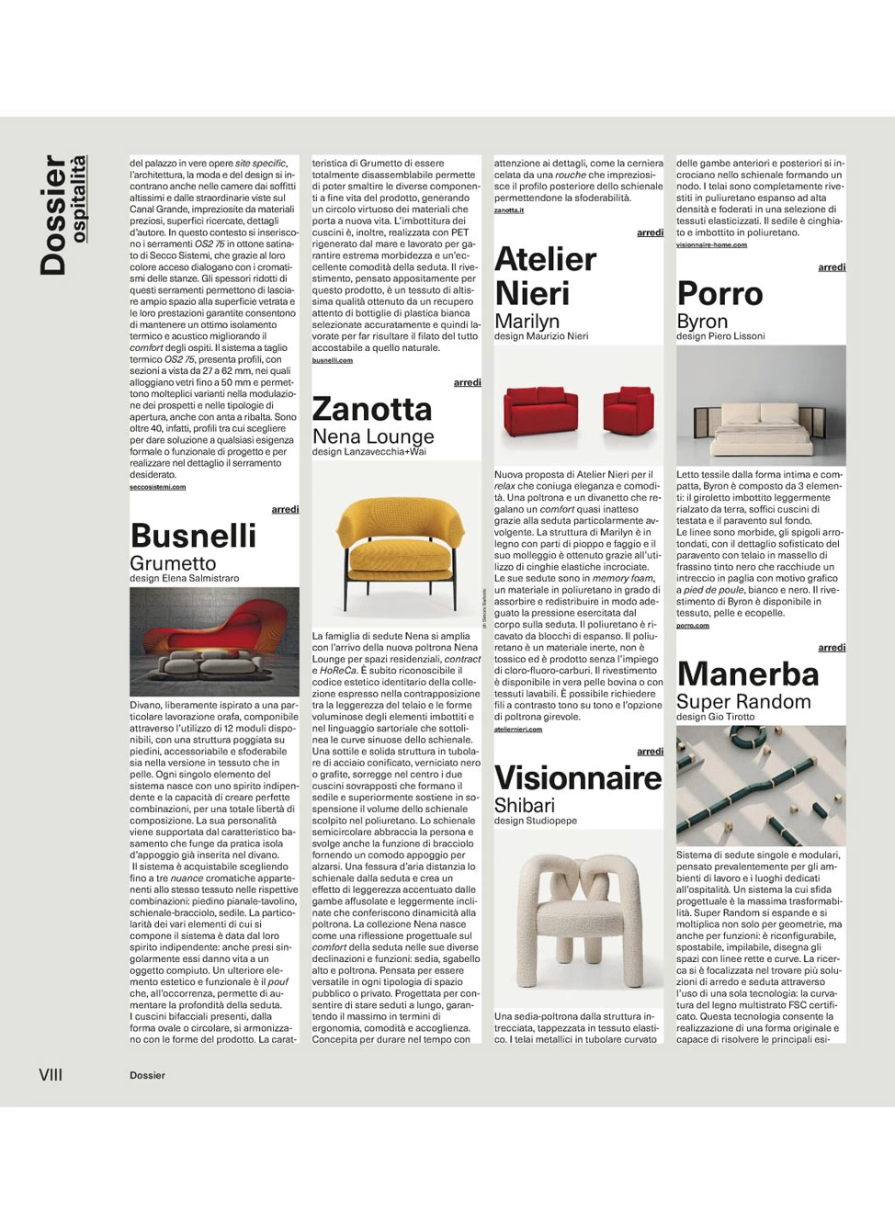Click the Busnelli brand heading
[x=193, y=536]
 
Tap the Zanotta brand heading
[x=371, y=409]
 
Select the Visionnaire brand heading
[x=577, y=778]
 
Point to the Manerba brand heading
[x=747, y=674]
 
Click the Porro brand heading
[x=719, y=294]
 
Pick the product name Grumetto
[x=173, y=563]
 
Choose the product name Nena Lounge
[x=373, y=436]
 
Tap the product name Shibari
[x=525, y=806]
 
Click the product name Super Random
[x=743, y=702]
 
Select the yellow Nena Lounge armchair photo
[x=396, y=542]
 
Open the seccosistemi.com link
[x=157, y=487]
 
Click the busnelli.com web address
[x=332, y=360]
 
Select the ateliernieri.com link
[x=517, y=730]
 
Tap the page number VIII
[x=51, y=1075]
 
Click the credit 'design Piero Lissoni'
[x=720, y=336]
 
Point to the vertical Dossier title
[x=53, y=215]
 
